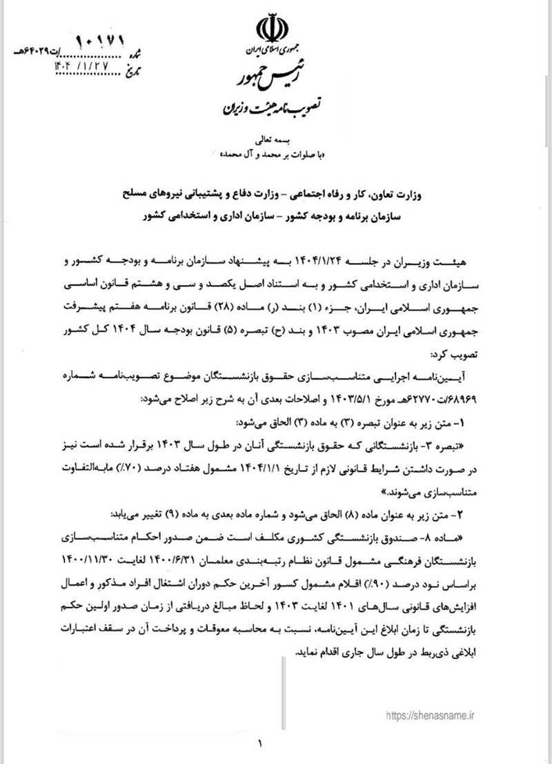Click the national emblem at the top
point(275,30)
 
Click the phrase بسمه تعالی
point(275,141)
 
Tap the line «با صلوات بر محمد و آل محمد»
point(275,155)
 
